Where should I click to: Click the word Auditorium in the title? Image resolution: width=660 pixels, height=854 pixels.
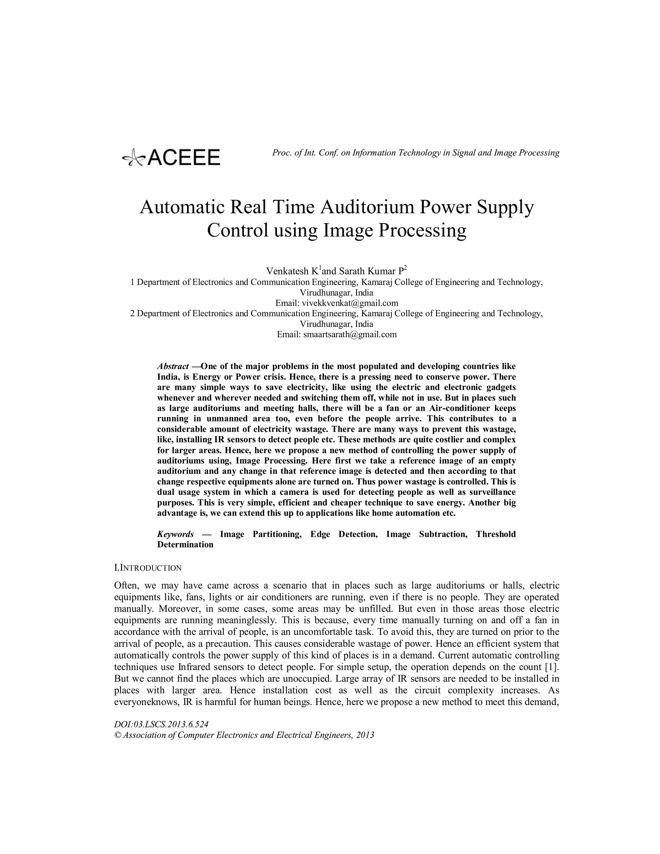pos(367,207)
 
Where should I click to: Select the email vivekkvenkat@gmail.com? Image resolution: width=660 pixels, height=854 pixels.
pos(350,303)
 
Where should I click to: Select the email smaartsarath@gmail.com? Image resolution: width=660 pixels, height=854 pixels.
pos(350,334)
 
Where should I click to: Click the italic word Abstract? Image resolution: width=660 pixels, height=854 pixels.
pos(173,366)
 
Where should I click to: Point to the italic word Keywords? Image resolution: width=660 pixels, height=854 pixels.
pos(175,534)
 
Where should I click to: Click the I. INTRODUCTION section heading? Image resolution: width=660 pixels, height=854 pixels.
pos(148,568)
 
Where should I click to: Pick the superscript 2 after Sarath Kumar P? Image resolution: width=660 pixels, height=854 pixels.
pos(405,268)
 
